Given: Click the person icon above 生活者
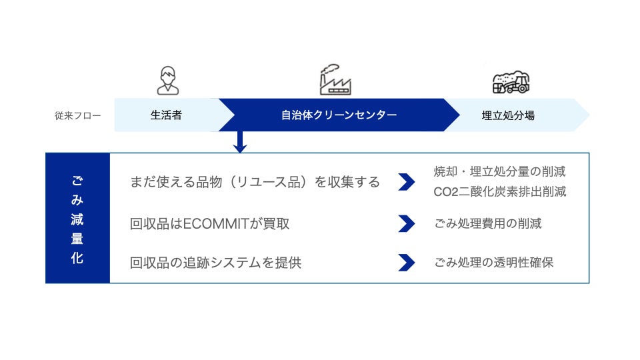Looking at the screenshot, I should click(167, 81).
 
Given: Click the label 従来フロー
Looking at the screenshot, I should click(78, 115).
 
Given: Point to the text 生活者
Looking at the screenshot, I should click(166, 115).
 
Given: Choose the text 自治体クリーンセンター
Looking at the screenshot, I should click(339, 115).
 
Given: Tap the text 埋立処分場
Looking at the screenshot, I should click(508, 115).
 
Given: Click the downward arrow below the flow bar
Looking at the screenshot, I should click(241, 141).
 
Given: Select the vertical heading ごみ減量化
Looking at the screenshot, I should click(77, 219).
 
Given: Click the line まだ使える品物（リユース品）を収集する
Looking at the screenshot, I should click(255, 182).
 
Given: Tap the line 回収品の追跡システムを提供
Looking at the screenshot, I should click(215, 263).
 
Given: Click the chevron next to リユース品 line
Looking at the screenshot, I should click(406, 182).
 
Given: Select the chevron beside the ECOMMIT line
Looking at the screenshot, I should click(406, 223).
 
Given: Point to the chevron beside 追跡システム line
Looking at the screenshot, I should click(406, 263).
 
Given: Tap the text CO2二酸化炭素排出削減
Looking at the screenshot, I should click(499, 192).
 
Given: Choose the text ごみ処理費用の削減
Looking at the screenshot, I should click(487, 223).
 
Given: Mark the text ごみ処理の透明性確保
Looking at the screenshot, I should click(493, 263).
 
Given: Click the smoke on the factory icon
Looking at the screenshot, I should click(330, 69).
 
